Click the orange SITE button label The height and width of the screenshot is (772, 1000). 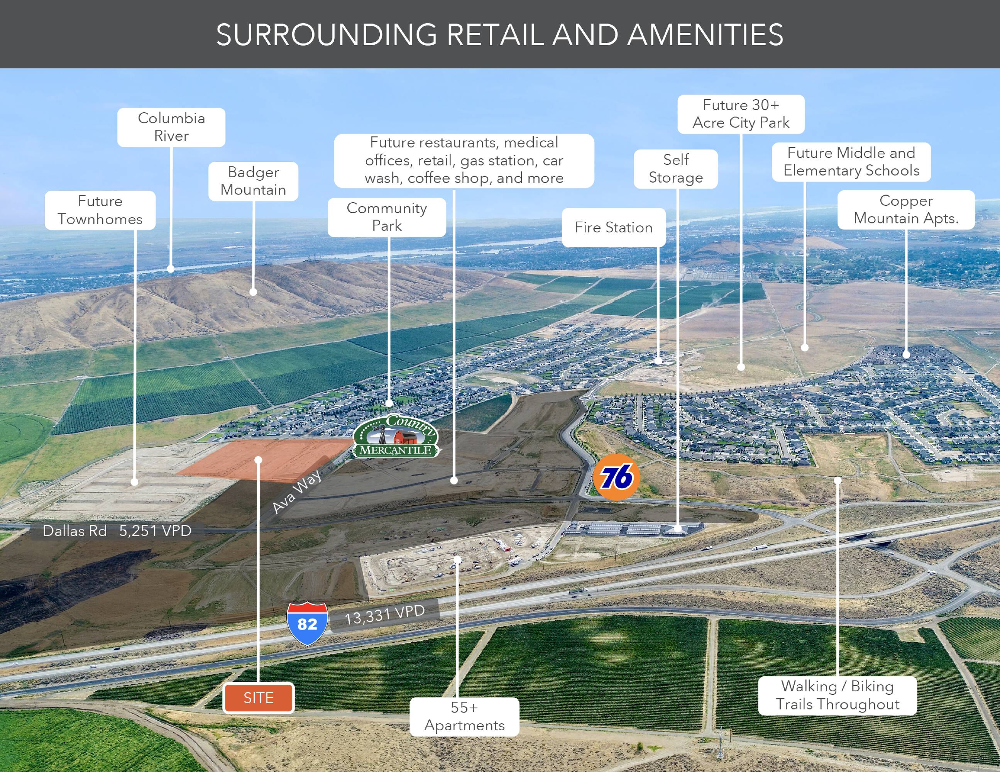point(258,698)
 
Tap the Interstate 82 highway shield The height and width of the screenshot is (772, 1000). point(307,624)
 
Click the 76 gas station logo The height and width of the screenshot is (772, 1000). point(616,477)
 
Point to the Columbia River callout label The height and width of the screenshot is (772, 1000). point(171,127)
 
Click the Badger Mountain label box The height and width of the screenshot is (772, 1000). point(253,181)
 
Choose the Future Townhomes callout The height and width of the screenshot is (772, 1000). point(100,210)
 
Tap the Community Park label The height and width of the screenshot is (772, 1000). point(387,217)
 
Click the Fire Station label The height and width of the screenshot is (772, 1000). point(614,228)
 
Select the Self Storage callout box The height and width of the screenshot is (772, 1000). point(676,169)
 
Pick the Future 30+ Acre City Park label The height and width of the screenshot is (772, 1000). point(741,114)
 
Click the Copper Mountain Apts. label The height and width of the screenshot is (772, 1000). point(906,210)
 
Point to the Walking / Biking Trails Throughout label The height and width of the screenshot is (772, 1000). point(838,696)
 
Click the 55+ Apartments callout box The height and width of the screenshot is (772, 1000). point(464,716)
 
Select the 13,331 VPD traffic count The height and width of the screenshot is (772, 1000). point(385,615)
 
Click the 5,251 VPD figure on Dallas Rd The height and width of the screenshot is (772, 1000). point(155,531)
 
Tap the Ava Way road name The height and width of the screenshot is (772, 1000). point(297,491)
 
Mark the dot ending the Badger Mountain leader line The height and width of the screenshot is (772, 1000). point(253,291)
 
